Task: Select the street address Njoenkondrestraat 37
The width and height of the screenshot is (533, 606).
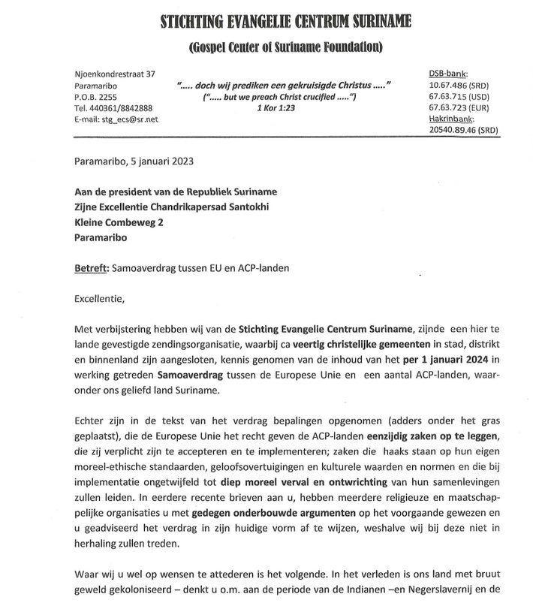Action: click(x=113, y=74)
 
